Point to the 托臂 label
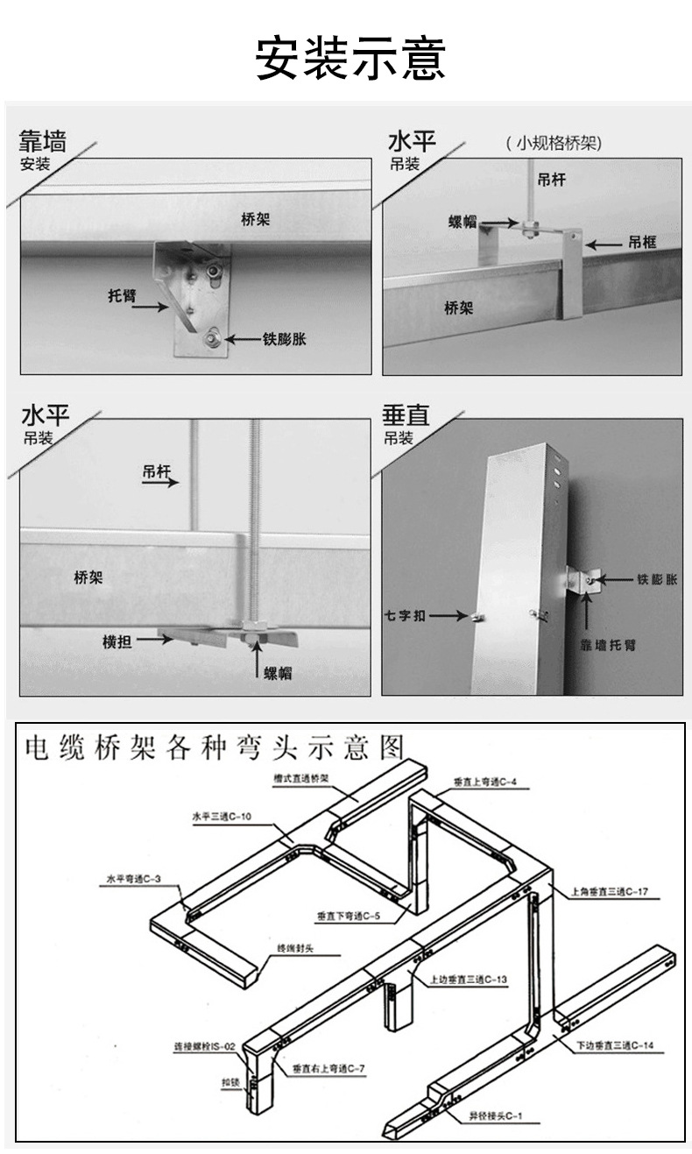[123, 296]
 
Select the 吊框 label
[641, 242]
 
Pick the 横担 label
[117, 641]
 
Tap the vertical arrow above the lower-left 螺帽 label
[256, 656]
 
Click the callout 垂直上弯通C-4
[485, 781]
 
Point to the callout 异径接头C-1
[495, 1117]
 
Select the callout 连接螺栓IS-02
[204, 1046]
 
